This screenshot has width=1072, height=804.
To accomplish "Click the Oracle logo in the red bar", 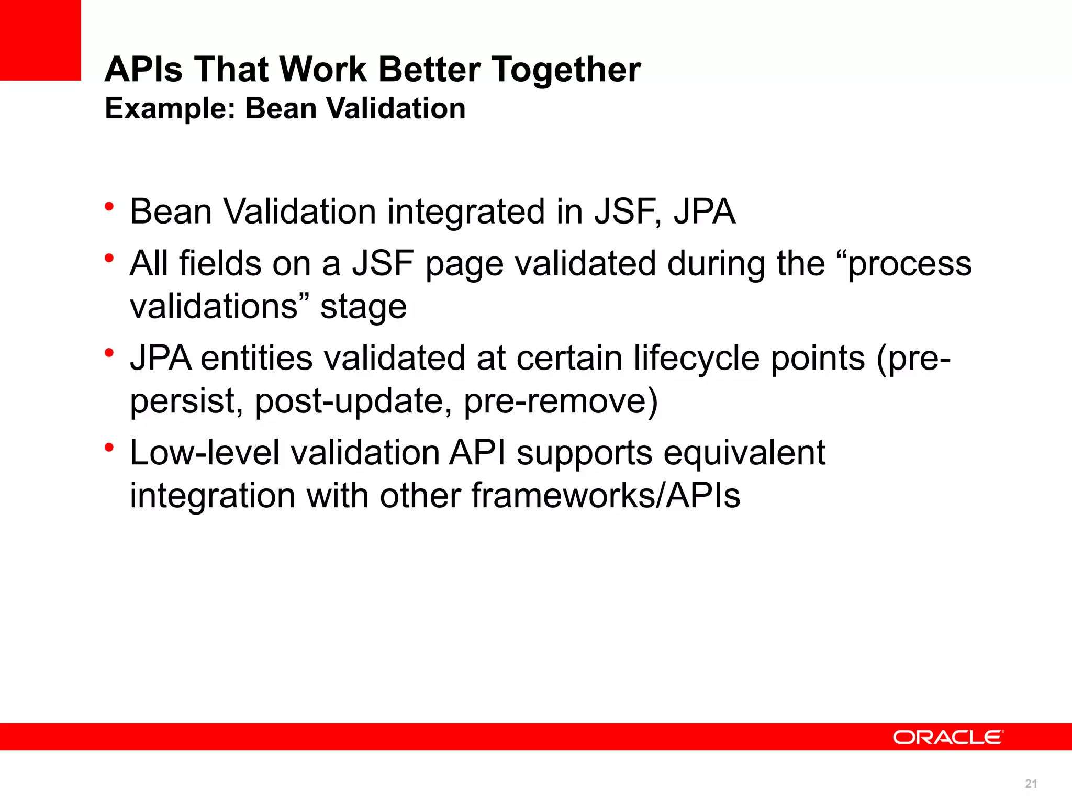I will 948,737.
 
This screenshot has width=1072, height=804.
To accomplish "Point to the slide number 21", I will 1031,784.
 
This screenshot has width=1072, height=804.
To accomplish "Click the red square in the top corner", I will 40,40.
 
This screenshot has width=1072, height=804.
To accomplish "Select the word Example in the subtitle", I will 170,109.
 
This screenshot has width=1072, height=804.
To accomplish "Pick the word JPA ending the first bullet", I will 705,211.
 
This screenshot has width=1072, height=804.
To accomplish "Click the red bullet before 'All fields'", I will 109,258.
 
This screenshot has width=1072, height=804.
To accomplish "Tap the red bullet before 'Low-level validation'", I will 109,448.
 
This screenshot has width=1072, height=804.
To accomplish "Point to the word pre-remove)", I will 561,401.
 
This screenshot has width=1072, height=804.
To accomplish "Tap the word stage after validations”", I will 363,307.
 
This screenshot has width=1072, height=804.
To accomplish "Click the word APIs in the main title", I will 143,70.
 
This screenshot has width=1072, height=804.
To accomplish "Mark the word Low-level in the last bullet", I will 205,453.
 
